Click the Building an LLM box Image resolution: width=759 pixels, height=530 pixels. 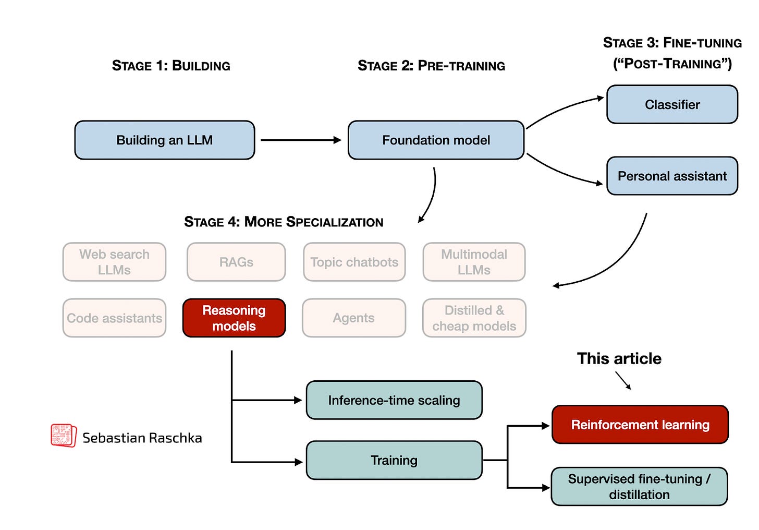[x=165, y=140]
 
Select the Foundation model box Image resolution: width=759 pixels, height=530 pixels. [x=436, y=140]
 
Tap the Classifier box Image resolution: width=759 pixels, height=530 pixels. [x=672, y=104]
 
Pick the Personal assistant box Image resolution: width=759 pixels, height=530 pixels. [x=672, y=176]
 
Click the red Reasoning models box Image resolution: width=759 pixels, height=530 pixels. [x=234, y=318]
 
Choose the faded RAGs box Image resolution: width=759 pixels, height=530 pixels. [x=236, y=262]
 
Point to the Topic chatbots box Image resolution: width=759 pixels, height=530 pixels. [x=354, y=262]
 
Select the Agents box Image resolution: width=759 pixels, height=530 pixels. [x=354, y=318]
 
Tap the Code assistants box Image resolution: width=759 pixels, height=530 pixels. [x=114, y=318]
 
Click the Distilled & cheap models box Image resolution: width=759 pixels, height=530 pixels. [x=474, y=318]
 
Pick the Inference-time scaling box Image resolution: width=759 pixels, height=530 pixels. [x=394, y=400]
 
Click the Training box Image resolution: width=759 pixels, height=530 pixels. [x=394, y=460]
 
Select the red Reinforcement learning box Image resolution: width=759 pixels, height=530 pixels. [x=640, y=425]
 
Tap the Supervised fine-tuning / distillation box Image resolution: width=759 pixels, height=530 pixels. [x=639, y=486]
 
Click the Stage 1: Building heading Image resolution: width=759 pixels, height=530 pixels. [x=171, y=66]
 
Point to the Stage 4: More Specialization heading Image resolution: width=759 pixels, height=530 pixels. [x=284, y=222]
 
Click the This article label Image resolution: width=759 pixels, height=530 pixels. [x=619, y=358]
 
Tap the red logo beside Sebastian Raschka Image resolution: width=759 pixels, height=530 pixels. [x=63, y=435]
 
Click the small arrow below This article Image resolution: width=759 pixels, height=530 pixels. [x=623, y=380]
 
